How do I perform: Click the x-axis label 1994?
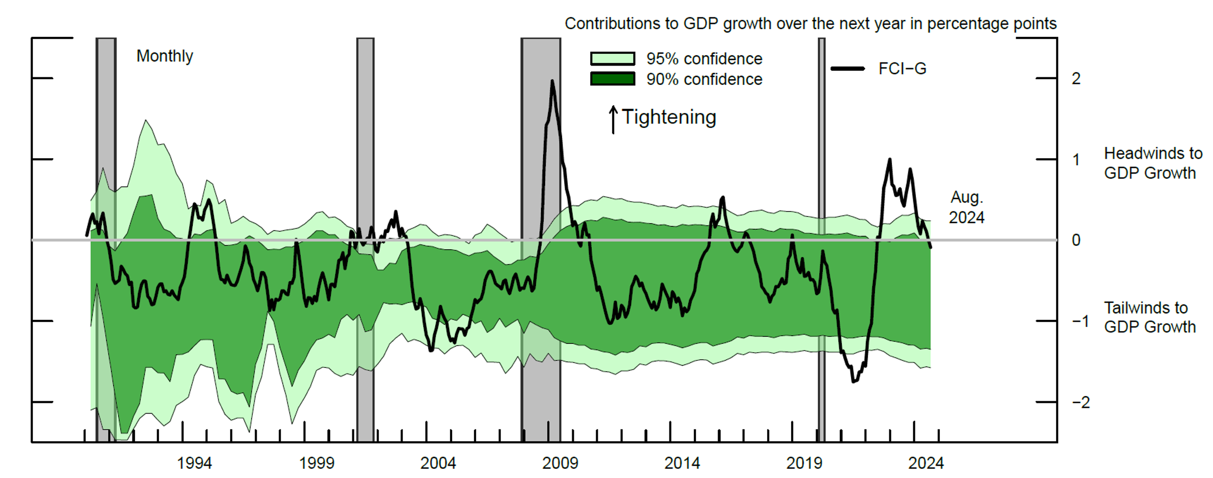coord(194,463)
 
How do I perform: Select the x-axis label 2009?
coord(560,463)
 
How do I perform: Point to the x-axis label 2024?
coord(926,463)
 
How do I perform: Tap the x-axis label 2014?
coord(682,463)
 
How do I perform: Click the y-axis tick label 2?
coord(1076,79)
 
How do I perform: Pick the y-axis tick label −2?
coord(1081,402)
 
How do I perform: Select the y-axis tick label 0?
coord(1076,240)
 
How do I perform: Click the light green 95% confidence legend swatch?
coord(613,59)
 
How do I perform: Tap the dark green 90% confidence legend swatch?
coord(613,79)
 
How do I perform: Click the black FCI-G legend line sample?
coord(848,69)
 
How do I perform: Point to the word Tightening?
coord(669,117)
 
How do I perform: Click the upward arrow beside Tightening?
coord(613,120)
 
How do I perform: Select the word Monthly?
coord(165,56)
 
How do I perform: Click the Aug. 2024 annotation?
coord(967,207)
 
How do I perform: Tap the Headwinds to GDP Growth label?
coord(1153,163)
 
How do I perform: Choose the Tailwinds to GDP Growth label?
coord(1150,317)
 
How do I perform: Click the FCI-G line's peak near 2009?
coord(552,80)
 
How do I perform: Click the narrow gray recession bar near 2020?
coord(821,240)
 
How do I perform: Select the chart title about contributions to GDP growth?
coord(811,24)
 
